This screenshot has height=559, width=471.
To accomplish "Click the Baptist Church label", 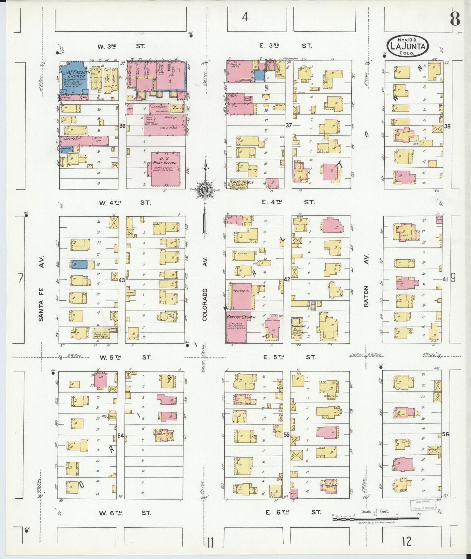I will (241, 317).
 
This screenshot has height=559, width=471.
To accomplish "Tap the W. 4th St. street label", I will (125, 203).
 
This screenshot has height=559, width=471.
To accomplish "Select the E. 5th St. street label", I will (290, 357).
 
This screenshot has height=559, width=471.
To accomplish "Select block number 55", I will (287, 434).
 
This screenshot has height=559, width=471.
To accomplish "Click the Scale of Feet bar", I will (375, 518).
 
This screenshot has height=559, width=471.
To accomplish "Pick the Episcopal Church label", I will (242, 182).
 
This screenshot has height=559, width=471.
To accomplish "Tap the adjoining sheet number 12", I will (406, 542).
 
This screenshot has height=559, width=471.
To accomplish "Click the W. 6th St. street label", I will (125, 513).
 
